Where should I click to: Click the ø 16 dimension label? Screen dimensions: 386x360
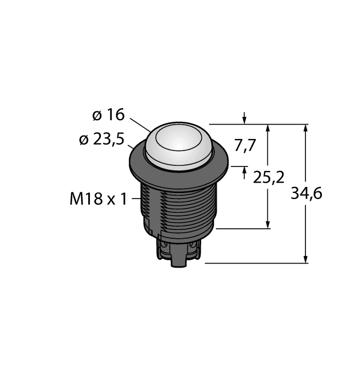click(108, 115)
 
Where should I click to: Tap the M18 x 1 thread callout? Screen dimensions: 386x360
click(97, 199)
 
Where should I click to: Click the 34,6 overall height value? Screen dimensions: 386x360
click(307, 194)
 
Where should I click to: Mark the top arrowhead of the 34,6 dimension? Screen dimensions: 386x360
click(307, 128)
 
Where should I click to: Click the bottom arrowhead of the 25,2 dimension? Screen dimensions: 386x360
click(268, 224)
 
